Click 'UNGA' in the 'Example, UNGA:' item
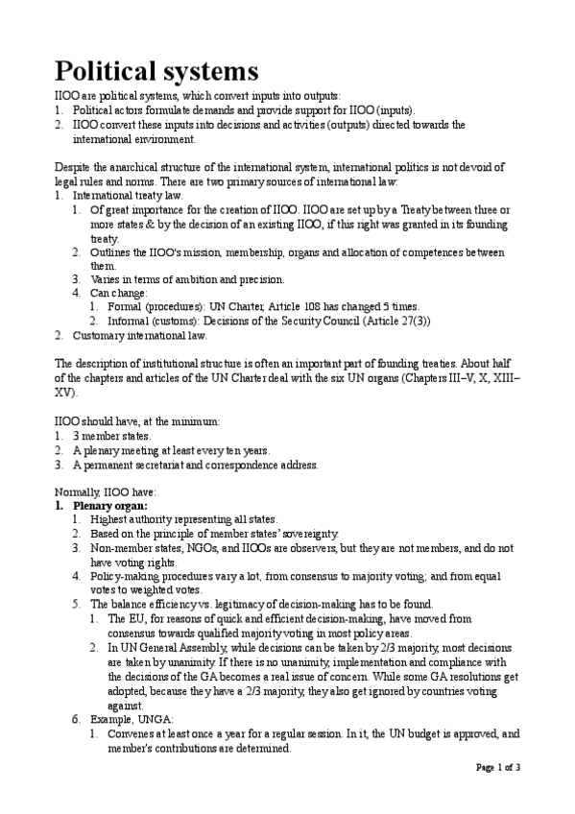pos(152,718)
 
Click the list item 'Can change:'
pos(119,293)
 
